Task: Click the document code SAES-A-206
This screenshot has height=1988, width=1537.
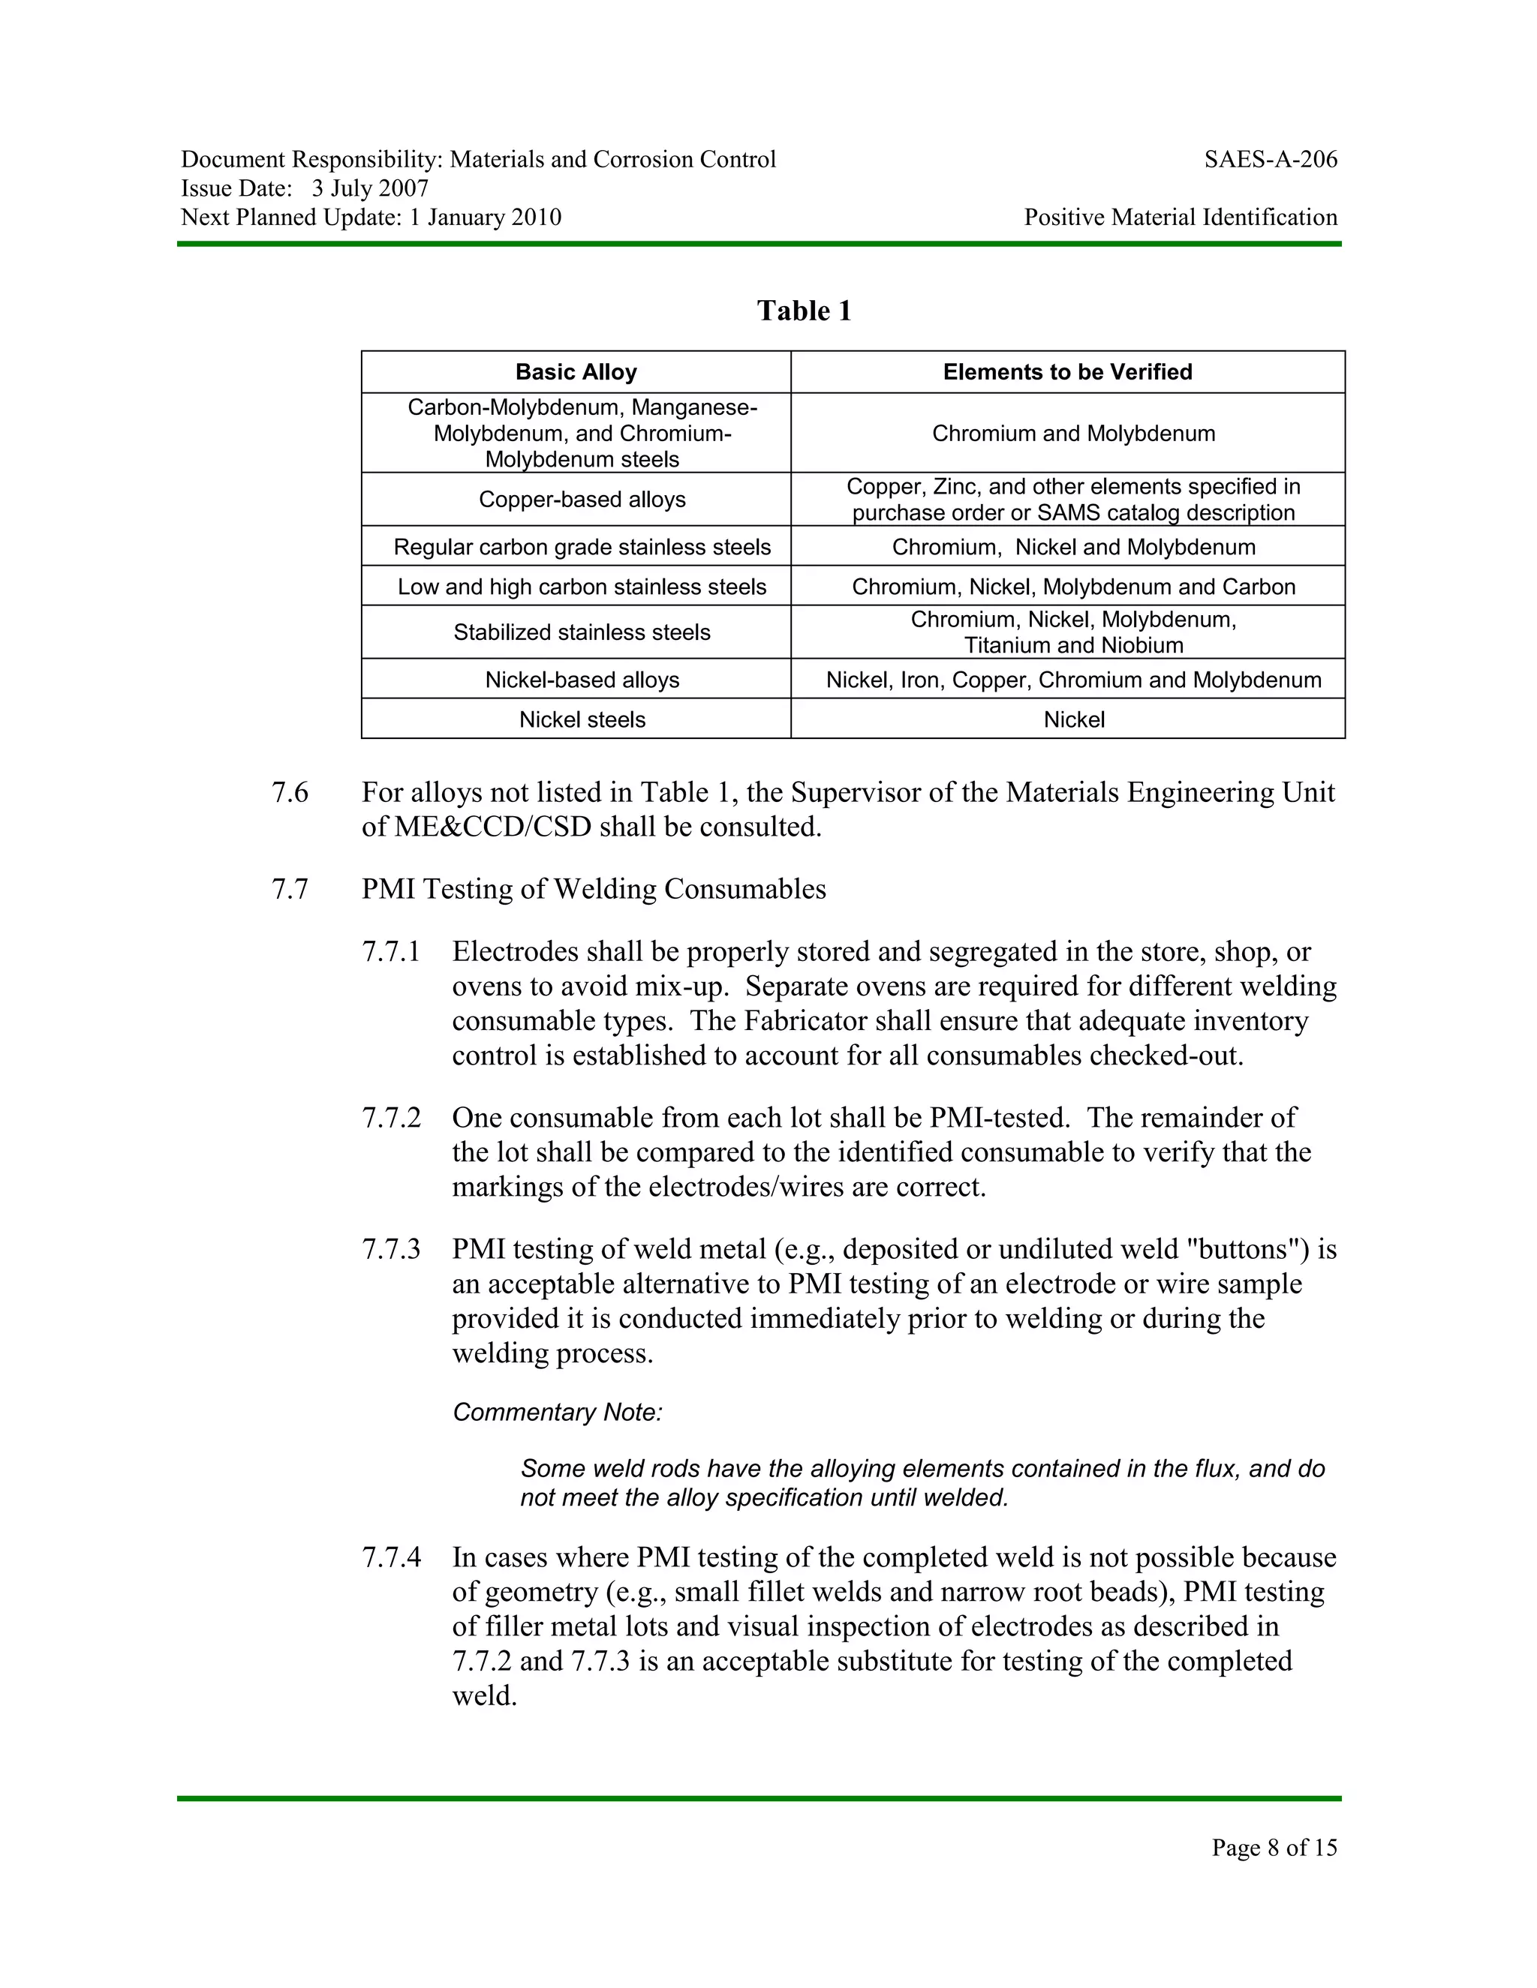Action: pos(1271,161)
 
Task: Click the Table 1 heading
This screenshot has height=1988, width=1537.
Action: pos(804,311)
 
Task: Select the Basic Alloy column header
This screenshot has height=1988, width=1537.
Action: pos(576,372)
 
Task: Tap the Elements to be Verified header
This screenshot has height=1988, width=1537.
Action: pos(1067,372)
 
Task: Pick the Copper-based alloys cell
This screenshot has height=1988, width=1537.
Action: pos(582,500)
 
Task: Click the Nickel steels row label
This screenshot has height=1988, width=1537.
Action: pos(582,720)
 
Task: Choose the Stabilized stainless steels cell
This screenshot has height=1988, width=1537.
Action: pos(582,632)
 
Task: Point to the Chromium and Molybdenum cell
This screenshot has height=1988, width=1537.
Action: pos(1072,434)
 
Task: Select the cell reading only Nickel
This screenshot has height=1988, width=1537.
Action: pos(1073,720)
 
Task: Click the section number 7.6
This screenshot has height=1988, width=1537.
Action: pos(290,793)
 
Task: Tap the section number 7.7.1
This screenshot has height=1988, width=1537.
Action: pos(392,952)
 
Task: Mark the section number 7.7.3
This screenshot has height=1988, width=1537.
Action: pos(392,1250)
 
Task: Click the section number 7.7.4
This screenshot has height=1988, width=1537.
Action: pos(392,1557)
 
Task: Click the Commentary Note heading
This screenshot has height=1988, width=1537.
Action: pos(558,1413)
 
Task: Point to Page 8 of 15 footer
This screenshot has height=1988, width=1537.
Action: pos(1274,1847)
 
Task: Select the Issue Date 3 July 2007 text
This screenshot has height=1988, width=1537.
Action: pos(305,188)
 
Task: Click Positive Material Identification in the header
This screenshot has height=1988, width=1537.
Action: pos(1180,218)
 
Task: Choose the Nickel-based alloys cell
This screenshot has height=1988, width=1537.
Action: pos(582,680)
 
